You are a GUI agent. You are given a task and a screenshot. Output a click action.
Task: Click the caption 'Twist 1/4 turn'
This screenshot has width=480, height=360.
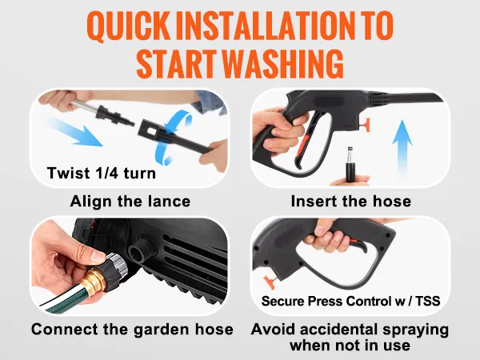pos(102,173)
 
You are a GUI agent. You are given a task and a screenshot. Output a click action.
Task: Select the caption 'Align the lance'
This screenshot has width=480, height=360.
pos(130,202)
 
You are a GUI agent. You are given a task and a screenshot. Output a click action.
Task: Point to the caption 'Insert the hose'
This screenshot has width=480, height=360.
pos(351,202)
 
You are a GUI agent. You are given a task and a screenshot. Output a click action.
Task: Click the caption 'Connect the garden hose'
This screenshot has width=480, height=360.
pos(132,330)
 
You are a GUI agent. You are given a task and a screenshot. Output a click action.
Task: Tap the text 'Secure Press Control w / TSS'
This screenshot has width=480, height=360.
pos(351,302)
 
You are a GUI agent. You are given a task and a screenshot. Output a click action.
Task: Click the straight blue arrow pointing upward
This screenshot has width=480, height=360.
pos(402,148)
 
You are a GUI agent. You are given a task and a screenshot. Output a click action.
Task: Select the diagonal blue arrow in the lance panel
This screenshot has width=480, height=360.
pos(74,132)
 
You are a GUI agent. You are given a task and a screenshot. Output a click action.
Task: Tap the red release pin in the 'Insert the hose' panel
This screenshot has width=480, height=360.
pos(365,126)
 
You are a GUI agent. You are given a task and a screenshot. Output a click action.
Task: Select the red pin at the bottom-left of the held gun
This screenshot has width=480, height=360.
pos(270,282)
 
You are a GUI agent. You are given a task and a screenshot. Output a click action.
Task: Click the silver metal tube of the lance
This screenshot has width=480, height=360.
pos(85,107)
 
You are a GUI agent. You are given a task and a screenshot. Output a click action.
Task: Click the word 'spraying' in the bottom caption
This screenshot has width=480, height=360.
pos(415,330)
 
